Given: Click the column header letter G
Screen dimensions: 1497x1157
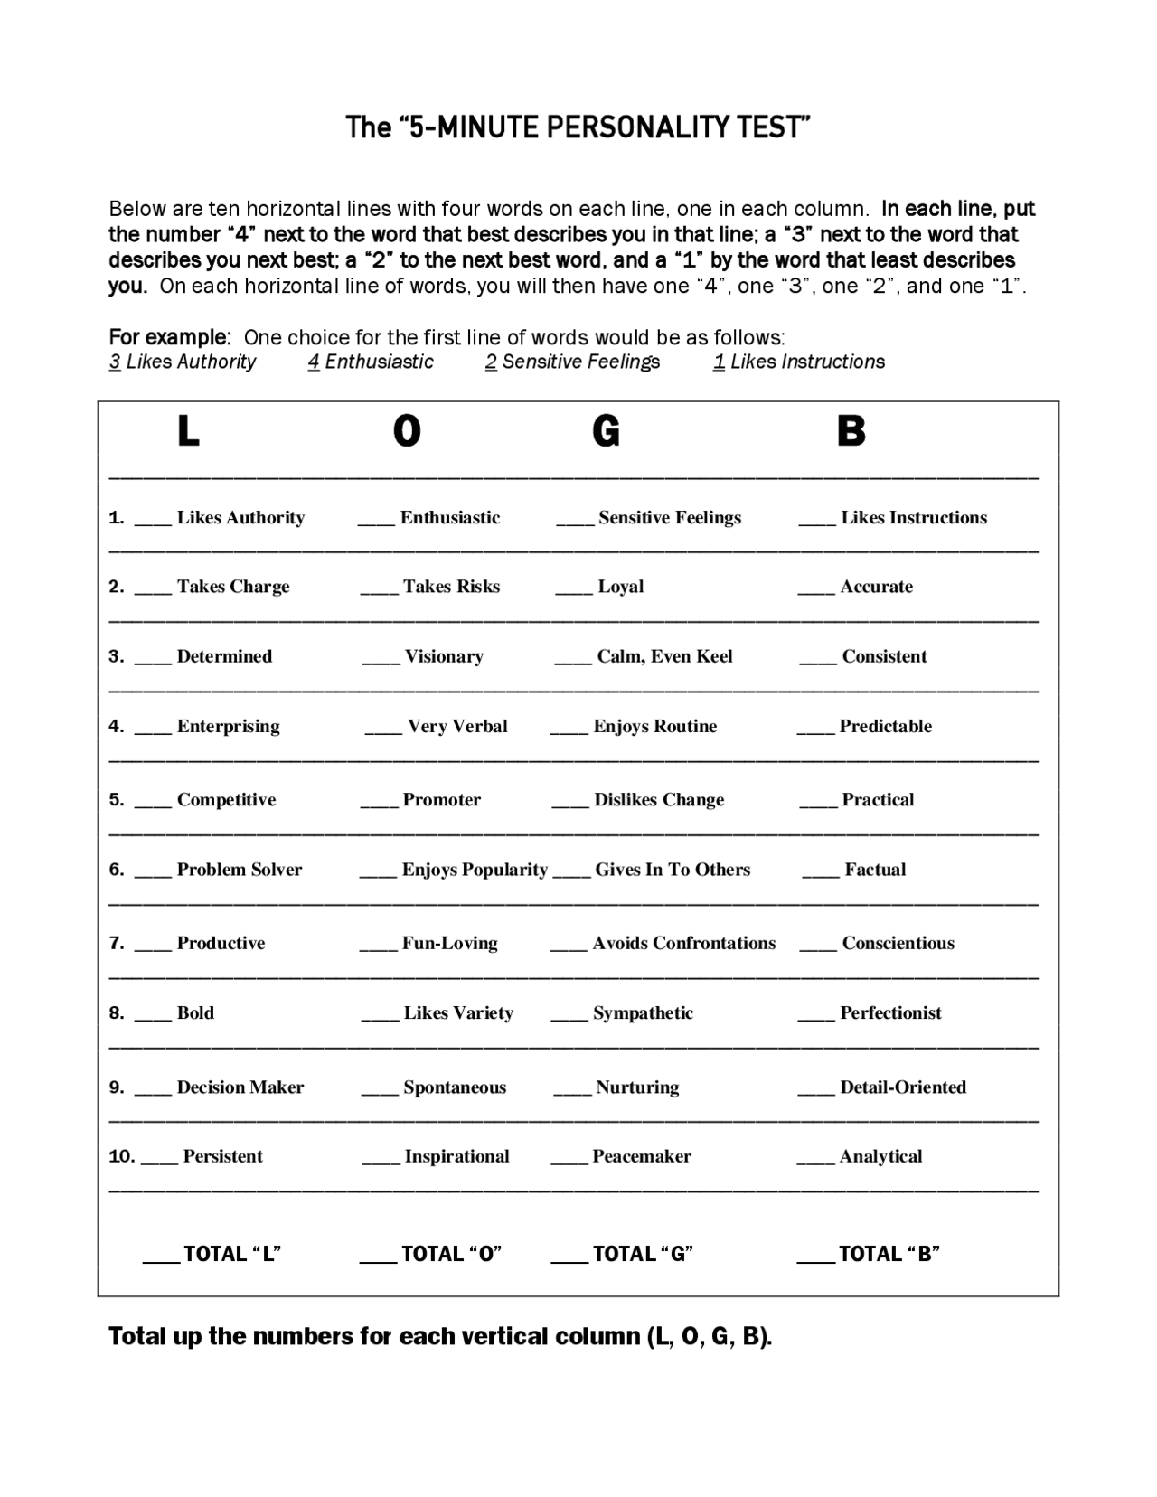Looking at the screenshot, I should pos(606,431).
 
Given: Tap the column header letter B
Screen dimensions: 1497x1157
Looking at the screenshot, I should pos(851,431).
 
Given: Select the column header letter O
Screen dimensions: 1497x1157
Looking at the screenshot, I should pos(407,431).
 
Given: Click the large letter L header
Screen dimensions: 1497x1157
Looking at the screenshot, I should pos(187,431).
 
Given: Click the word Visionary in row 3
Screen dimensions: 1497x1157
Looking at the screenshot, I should pos(444,656).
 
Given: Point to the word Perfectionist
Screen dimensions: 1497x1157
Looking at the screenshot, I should pos(890,1013).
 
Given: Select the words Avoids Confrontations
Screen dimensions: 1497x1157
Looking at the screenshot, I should pos(684,944).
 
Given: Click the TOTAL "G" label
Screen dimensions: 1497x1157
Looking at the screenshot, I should pos(643,1254).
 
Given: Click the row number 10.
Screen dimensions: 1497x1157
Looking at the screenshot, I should pos(121,1156).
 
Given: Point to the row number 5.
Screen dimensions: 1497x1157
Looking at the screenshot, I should pos(116,800).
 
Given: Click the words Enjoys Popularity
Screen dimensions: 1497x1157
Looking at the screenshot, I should pos(475,870).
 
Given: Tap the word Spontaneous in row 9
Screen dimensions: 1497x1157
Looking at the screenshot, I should pos(455,1087).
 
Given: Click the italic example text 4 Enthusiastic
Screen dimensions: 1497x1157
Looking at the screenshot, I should pos(371,362).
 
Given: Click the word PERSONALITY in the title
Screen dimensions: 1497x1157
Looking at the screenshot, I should pos(638,127).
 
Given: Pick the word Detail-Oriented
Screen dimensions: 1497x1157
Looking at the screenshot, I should pos(903,1087).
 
